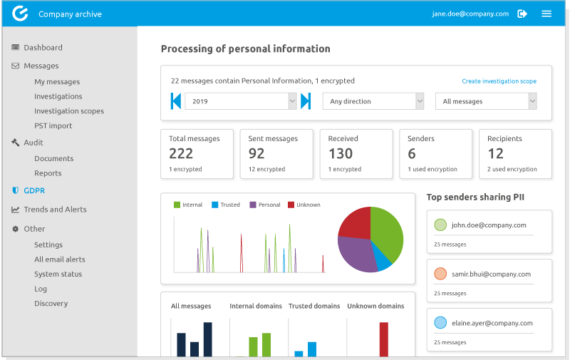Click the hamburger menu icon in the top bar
[546, 14]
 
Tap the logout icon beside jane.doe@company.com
[522, 14]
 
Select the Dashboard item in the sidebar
[43, 48]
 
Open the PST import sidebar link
[53, 125]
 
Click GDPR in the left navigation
[34, 190]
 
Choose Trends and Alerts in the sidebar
[55, 210]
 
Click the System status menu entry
[58, 274]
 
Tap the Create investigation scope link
[499, 81]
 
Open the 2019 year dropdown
[240, 101]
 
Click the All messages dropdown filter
[486, 101]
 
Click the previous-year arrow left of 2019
[175, 101]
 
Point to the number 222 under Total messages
[181, 153]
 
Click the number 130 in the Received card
[341, 153]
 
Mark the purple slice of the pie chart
[356, 253]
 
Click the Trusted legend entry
[229, 205]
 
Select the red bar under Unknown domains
[383, 339]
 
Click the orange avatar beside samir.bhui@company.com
[440, 274]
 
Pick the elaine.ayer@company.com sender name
[492, 323]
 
